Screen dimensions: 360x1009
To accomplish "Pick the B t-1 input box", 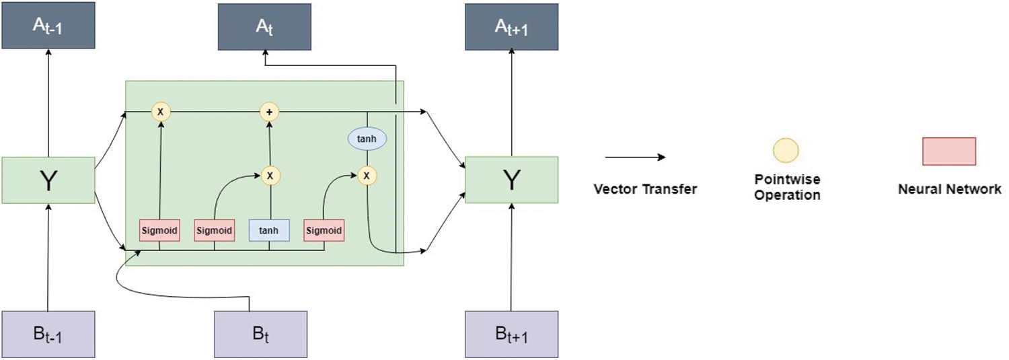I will [x=48, y=335].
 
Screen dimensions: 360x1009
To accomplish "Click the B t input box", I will [x=260, y=335].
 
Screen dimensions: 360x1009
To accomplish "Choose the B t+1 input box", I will [x=512, y=335].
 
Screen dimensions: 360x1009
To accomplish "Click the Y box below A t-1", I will [x=48, y=180].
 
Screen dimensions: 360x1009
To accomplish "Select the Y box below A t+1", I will [x=512, y=180].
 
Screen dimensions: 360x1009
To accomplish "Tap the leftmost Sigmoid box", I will [x=159, y=231].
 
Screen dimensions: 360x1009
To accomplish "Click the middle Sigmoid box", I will [x=215, y=231].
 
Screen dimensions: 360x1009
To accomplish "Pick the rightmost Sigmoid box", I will [x=324, y=231].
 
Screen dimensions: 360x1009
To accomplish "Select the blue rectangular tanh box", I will [x=269, y=231].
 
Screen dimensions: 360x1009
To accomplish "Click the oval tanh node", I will [x=367, y=139].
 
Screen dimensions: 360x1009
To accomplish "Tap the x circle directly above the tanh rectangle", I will [x=270, y=175].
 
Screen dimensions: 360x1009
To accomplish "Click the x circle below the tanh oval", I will [x=367, y=175].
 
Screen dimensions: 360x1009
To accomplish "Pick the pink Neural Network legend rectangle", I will [x=948, y=151].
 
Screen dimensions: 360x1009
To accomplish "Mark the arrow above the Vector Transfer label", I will [x=635, y=157].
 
